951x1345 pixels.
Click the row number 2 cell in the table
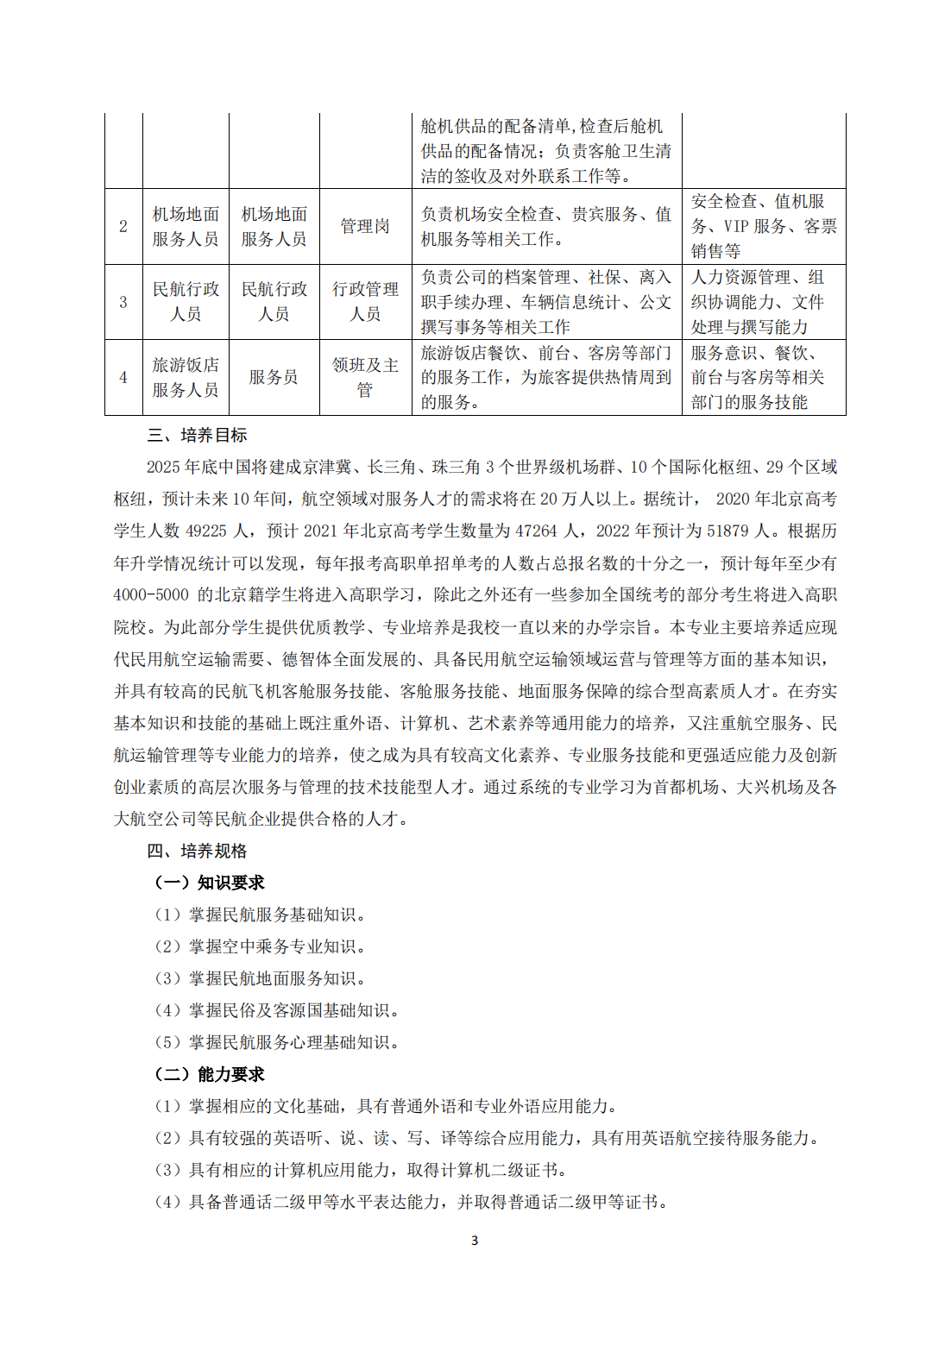(123, 226)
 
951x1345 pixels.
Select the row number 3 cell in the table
(123, 302)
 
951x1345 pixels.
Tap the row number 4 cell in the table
(123, 377)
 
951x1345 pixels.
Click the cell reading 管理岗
(365, 226)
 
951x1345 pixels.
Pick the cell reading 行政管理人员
(365, 302)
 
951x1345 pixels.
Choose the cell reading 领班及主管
(365, 377)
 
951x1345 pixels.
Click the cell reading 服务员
(274, 377)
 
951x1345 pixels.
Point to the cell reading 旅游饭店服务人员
(186, 377)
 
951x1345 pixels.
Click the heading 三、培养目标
(198, 436)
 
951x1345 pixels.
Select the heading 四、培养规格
(198, 852)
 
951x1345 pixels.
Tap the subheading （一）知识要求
(209, 883)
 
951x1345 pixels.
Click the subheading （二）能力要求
(209, 1074)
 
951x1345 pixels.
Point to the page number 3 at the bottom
(475, 1241)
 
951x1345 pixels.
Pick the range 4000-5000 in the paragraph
(151, 595)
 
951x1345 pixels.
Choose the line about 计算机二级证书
(361, 1170)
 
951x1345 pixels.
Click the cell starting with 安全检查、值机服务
(763, 226)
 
